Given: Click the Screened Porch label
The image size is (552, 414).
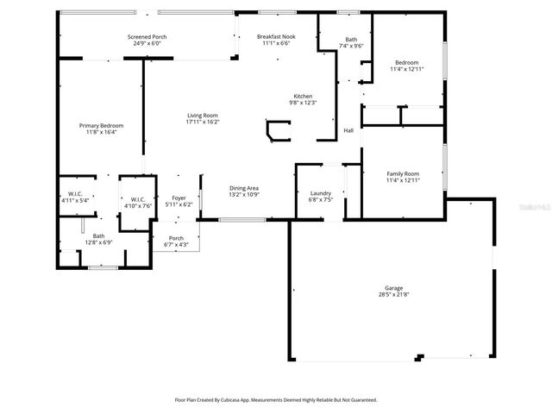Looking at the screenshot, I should click(x=147, y=37).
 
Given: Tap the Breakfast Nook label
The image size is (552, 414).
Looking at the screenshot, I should click(x=276, y=37).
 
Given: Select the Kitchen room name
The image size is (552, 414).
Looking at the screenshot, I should click(x=303, y=96).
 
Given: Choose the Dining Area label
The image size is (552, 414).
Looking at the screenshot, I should click(x=244, y=188).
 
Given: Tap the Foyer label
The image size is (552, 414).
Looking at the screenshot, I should click(x=179, y=198).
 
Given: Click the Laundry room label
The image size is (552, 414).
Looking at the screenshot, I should click(x=320, y=193).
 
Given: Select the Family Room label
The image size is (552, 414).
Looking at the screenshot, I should click(x=403, y=173).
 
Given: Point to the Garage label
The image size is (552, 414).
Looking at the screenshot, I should click(x=393, y=288).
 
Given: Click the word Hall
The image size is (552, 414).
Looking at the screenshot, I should click(x=348, y=130).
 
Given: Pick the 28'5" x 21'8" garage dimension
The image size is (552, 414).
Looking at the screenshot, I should click(x=393, y=295).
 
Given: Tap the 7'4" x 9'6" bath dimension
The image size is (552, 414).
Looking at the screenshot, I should click(x=351, y=46).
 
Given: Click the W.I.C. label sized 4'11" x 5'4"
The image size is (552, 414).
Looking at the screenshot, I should click(x=75, y=193).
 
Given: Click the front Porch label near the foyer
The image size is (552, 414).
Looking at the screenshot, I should click(x=176, y=238).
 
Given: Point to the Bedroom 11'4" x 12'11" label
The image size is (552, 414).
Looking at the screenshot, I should click(x=407, y=62).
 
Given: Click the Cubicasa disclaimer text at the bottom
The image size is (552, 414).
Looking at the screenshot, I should click(x=276, y=399).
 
